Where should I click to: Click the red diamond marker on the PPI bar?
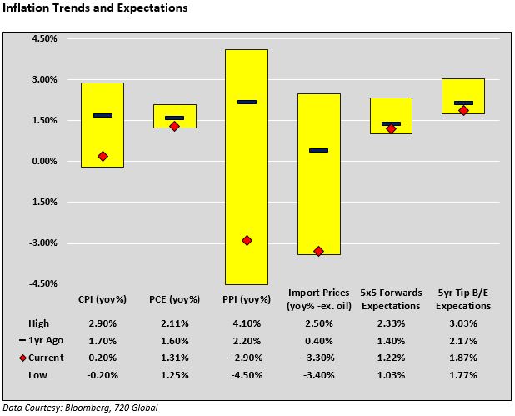click(247, 240)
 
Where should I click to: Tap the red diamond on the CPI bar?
click(102, 156)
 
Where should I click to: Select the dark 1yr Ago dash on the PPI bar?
click(247, 102)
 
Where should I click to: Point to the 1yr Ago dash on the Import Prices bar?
click(318, 150)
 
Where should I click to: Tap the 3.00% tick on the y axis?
click(43, 80)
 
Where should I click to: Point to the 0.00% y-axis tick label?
click(43, 162)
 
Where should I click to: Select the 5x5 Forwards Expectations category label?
click(391, 299)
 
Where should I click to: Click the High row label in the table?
click(38, 323)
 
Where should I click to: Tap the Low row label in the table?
click(37, 374)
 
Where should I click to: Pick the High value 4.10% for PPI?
click(247, 323)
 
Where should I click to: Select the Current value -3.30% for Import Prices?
click(318, 358)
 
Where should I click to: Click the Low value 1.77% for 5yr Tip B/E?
click(463, 374)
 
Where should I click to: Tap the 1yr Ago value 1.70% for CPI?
click(102, 340)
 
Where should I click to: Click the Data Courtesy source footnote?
click(79, 408)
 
